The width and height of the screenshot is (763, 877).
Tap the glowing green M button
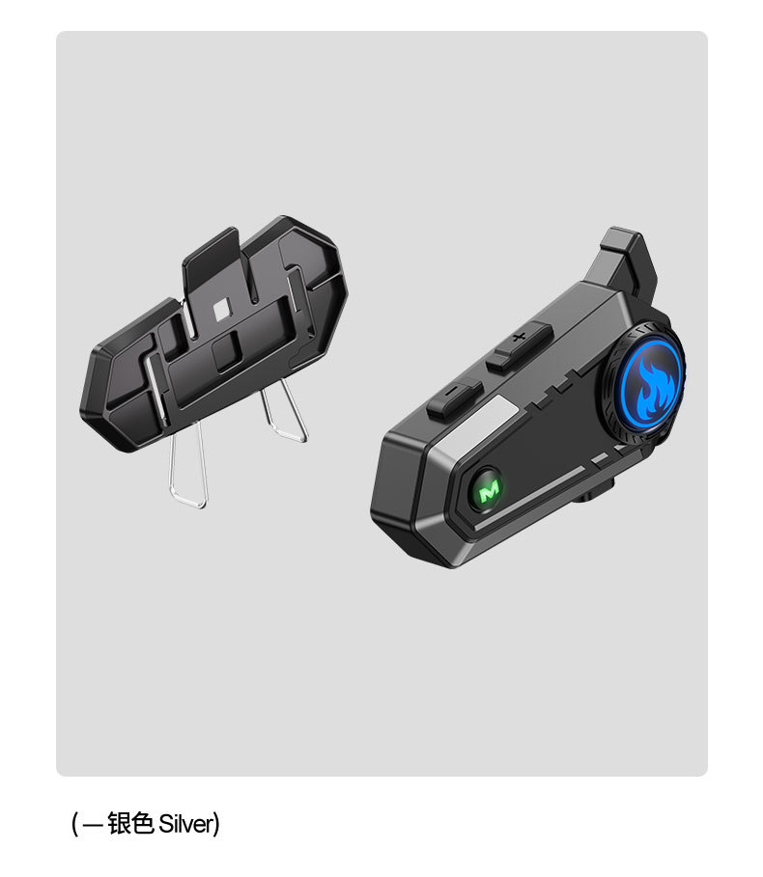(488, 491)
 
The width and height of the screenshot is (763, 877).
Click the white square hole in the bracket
(221, 309)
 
